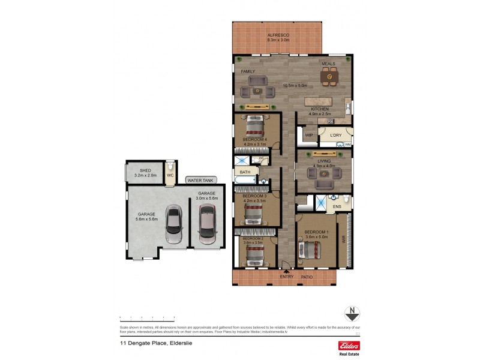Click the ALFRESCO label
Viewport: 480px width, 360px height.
[x=278, y=36]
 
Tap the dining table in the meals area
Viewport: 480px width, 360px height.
[x=329, y=77]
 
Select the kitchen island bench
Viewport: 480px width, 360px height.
[x=319, y=101]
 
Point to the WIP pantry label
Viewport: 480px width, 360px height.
[x=308, y=136]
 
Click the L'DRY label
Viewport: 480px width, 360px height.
[x=335, y=136]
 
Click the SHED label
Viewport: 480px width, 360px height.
[x=145, y=170]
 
